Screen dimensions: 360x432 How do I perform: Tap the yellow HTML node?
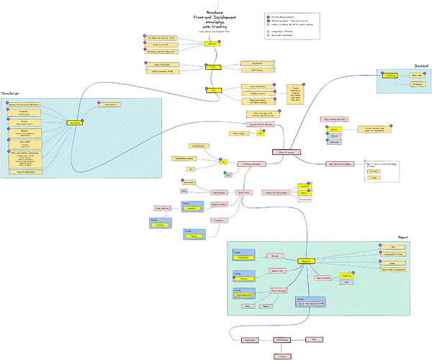(212, 67)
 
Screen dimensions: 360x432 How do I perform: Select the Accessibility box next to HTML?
(256, 63)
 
